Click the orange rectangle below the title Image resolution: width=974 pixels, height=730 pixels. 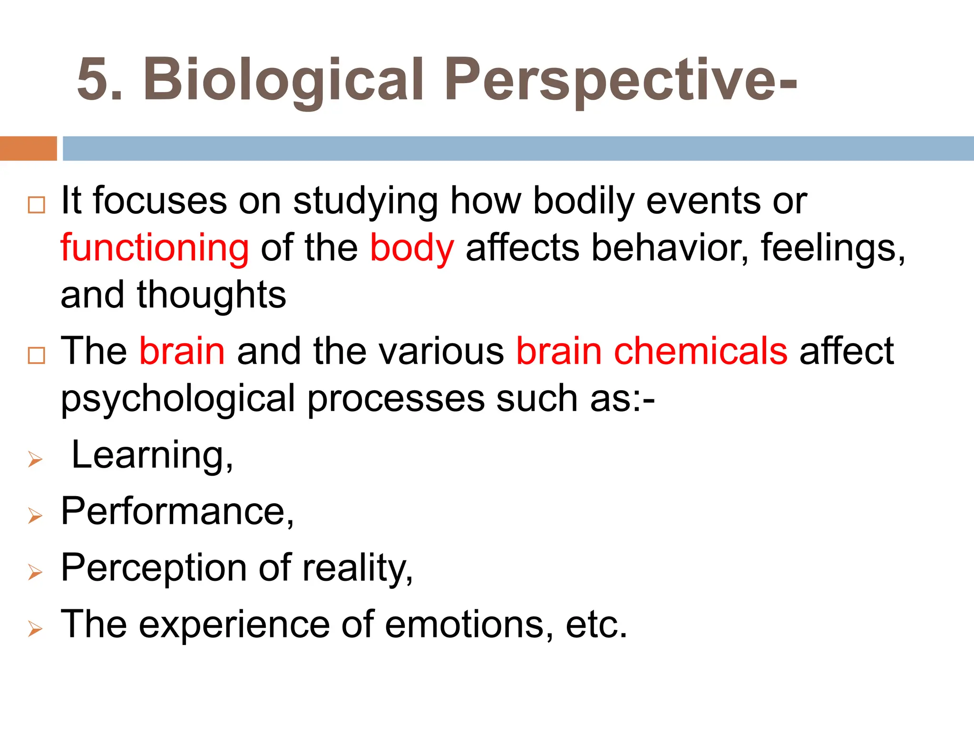tap(28, 148)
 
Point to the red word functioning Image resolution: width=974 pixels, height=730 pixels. tap(155, 249)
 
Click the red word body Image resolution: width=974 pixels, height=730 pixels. tap(412, 249)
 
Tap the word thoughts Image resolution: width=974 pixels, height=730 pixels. tap(212, 295)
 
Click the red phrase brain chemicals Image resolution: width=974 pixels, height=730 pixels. tap(652, 351)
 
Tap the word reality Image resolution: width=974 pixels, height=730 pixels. tap(357, 568)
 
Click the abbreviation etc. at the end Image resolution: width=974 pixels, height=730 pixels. tap(596, 624)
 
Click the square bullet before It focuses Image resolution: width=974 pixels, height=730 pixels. tap(37, 205)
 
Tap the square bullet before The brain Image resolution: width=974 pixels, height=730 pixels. tap(37, 355)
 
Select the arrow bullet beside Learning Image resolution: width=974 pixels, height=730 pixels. tap(36, 460)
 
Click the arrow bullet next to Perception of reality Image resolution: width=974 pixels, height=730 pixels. tap(36, 572)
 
